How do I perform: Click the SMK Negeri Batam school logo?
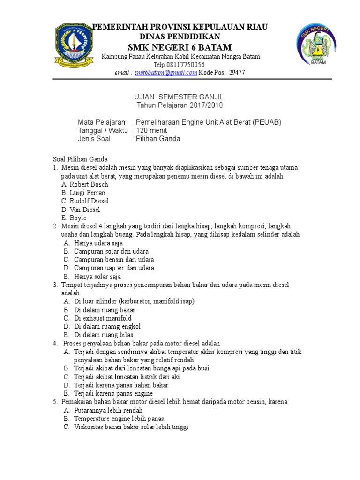(318, 45)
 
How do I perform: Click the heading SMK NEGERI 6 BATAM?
(180, 47)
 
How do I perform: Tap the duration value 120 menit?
(151, 130)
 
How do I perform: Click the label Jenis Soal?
(96, 139)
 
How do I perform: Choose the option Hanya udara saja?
(98, 243)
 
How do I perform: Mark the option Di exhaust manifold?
(103, 318)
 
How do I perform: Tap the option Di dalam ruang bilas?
(104, 335)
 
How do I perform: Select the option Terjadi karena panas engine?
(113, 394)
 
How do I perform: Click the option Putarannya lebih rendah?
(108, 410)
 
